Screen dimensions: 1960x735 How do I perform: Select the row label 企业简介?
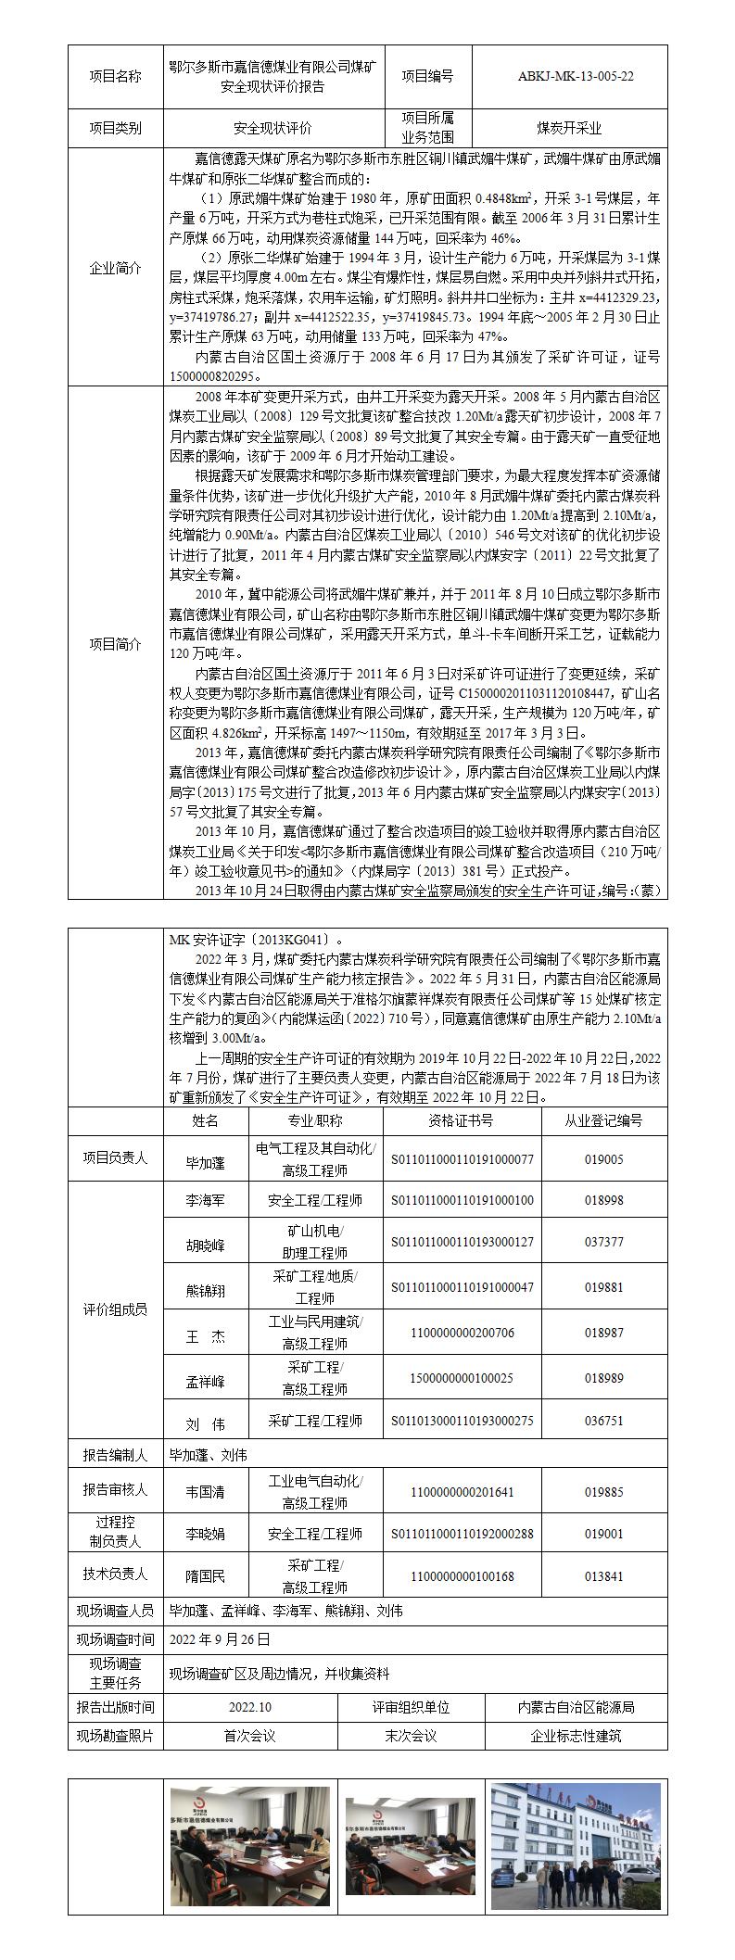click(x=115, y=268)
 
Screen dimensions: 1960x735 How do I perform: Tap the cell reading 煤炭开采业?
click(x=569, y=128)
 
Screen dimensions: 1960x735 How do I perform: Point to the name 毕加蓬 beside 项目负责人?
click(x=206, y=1159)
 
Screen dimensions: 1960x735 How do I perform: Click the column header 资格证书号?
click(x=461, y=1120)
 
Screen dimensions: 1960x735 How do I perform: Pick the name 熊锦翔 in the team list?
click(x=206, y=1290)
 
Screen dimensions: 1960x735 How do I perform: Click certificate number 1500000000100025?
click(x=461, y=1378)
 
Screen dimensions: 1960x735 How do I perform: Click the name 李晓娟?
click(x=206, y=1534)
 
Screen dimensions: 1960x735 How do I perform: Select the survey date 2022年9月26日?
click(x=220, y=1638)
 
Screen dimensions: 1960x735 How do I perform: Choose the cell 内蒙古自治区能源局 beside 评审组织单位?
click(x=576, y=1707)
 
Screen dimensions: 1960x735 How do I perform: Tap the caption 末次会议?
click(x=411, y=1736)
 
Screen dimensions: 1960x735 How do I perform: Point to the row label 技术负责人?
click(x=115, y=1575)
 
